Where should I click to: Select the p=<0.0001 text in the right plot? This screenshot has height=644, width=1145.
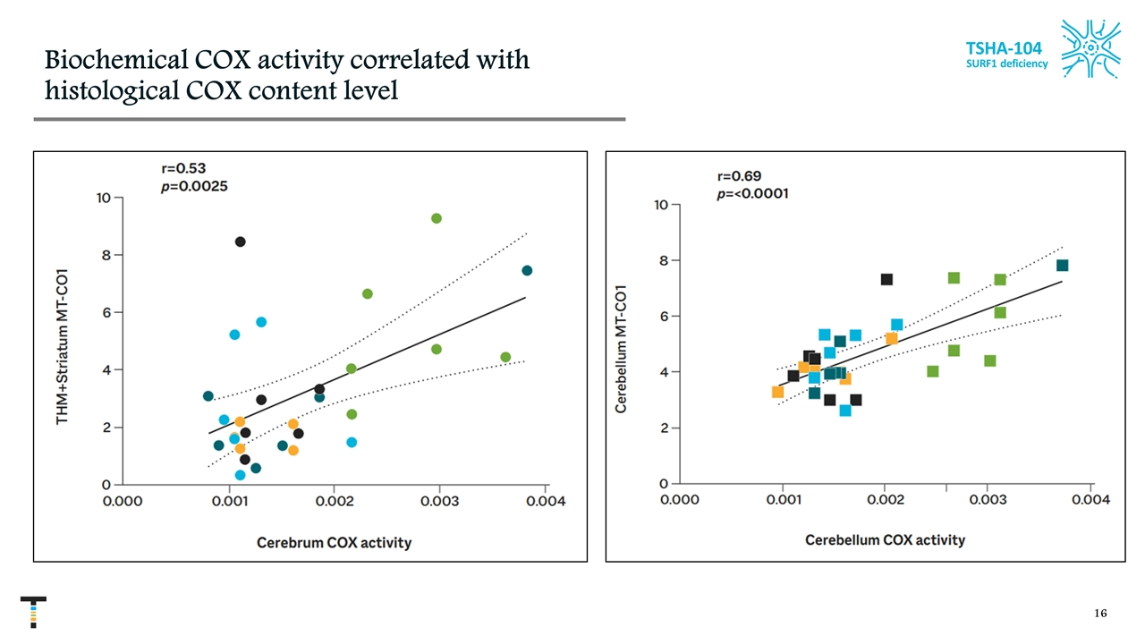tap(752, 193)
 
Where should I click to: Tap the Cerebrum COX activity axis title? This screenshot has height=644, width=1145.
tap(334, 543)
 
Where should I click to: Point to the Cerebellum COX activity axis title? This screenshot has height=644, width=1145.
tap(885, 540)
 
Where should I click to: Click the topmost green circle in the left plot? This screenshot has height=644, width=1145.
tap(437, 218)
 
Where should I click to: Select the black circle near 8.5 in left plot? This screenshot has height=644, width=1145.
tap(240, 241)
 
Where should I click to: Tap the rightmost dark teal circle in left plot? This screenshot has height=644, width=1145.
tap(527, 270)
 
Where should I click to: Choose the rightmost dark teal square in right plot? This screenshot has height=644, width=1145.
tap(1062, 266)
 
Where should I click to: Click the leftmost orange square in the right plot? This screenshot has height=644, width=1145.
tap(777, 392)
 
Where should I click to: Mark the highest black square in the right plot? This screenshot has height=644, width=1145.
tap(886, 279)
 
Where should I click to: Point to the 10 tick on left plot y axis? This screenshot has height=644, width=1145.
tap(104, 198)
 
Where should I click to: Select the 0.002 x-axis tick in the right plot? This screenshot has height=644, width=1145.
tap(885, 499)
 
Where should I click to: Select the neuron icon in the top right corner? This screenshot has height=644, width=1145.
tap(1090, 50)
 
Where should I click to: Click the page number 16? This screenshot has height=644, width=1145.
tap(1100, 614)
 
